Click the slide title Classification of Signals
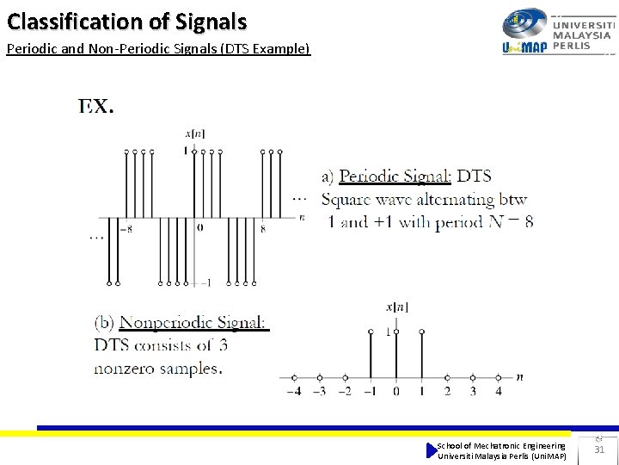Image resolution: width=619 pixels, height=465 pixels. coord(126,21)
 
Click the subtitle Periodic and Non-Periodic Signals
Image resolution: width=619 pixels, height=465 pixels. coord(157,49)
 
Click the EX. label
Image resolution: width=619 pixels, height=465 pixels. coord(96,107)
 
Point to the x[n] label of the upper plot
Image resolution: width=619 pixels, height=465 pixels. coord(195,133)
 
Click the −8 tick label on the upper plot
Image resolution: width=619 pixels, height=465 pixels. coord(126,229)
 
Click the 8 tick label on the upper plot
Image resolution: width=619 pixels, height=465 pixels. coord(262,229)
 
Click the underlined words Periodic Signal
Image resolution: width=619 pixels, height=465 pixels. coord(395,177)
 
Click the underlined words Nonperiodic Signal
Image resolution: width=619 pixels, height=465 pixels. coord(193,323)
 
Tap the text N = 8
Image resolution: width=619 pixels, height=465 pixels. coord(511,221)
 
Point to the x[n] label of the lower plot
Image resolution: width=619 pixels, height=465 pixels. coord(396,307)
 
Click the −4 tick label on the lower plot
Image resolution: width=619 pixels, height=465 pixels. coord(294,391)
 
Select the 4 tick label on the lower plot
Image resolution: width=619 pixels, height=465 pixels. coord(498,391)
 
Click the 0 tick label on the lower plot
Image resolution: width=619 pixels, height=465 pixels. coord(395,391)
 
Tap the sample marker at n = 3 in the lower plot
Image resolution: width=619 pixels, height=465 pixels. coord(472,377)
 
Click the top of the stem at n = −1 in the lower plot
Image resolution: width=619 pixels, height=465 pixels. coord(371,332)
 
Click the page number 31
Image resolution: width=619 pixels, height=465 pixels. coord(599,449)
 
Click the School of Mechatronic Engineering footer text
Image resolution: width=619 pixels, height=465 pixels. coord(501,445)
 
